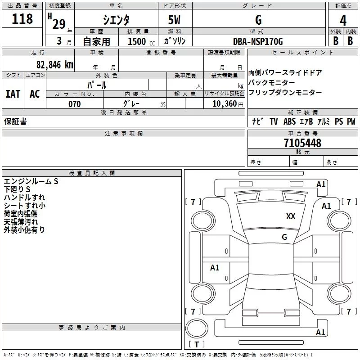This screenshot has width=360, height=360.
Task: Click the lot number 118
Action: [22, 19]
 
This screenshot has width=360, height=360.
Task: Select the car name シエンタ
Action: [116, 20]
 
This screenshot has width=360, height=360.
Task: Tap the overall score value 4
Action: [343, 20]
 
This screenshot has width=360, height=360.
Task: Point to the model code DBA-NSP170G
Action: [258, 41]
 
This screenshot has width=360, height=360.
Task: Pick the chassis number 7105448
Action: [302, 143]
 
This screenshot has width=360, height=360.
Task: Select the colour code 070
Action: [74, 104]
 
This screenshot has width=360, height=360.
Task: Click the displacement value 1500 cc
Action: [140, 41]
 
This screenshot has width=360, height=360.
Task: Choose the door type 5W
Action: [175, 20]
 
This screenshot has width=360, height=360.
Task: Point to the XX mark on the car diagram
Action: [291, 216]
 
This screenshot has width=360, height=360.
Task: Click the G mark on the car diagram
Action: [284, 237]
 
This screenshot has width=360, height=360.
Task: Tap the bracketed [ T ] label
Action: [196, 345]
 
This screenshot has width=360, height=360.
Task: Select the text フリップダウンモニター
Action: [285, 92]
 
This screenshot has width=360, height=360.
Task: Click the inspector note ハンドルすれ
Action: [24, 197]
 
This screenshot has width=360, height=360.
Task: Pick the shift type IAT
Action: [13, 94]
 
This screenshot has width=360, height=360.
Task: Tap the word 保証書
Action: [15, 121]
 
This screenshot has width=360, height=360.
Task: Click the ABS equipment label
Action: [289, 121]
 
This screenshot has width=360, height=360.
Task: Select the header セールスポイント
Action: [303, 53]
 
